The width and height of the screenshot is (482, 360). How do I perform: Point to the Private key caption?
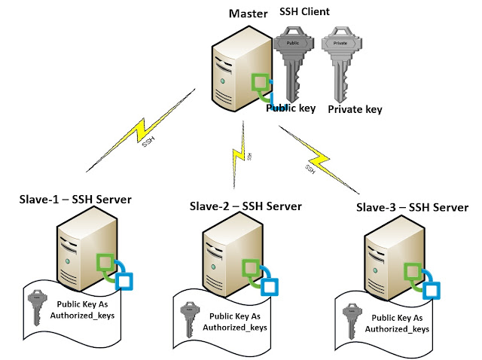click(x=355, y=109)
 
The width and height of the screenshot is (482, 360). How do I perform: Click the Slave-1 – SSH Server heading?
click(x=75, y=200)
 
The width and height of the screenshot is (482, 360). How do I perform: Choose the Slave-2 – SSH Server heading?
click(x=246, y=206)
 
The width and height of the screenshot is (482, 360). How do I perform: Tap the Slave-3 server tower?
click(x=388, y=263)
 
